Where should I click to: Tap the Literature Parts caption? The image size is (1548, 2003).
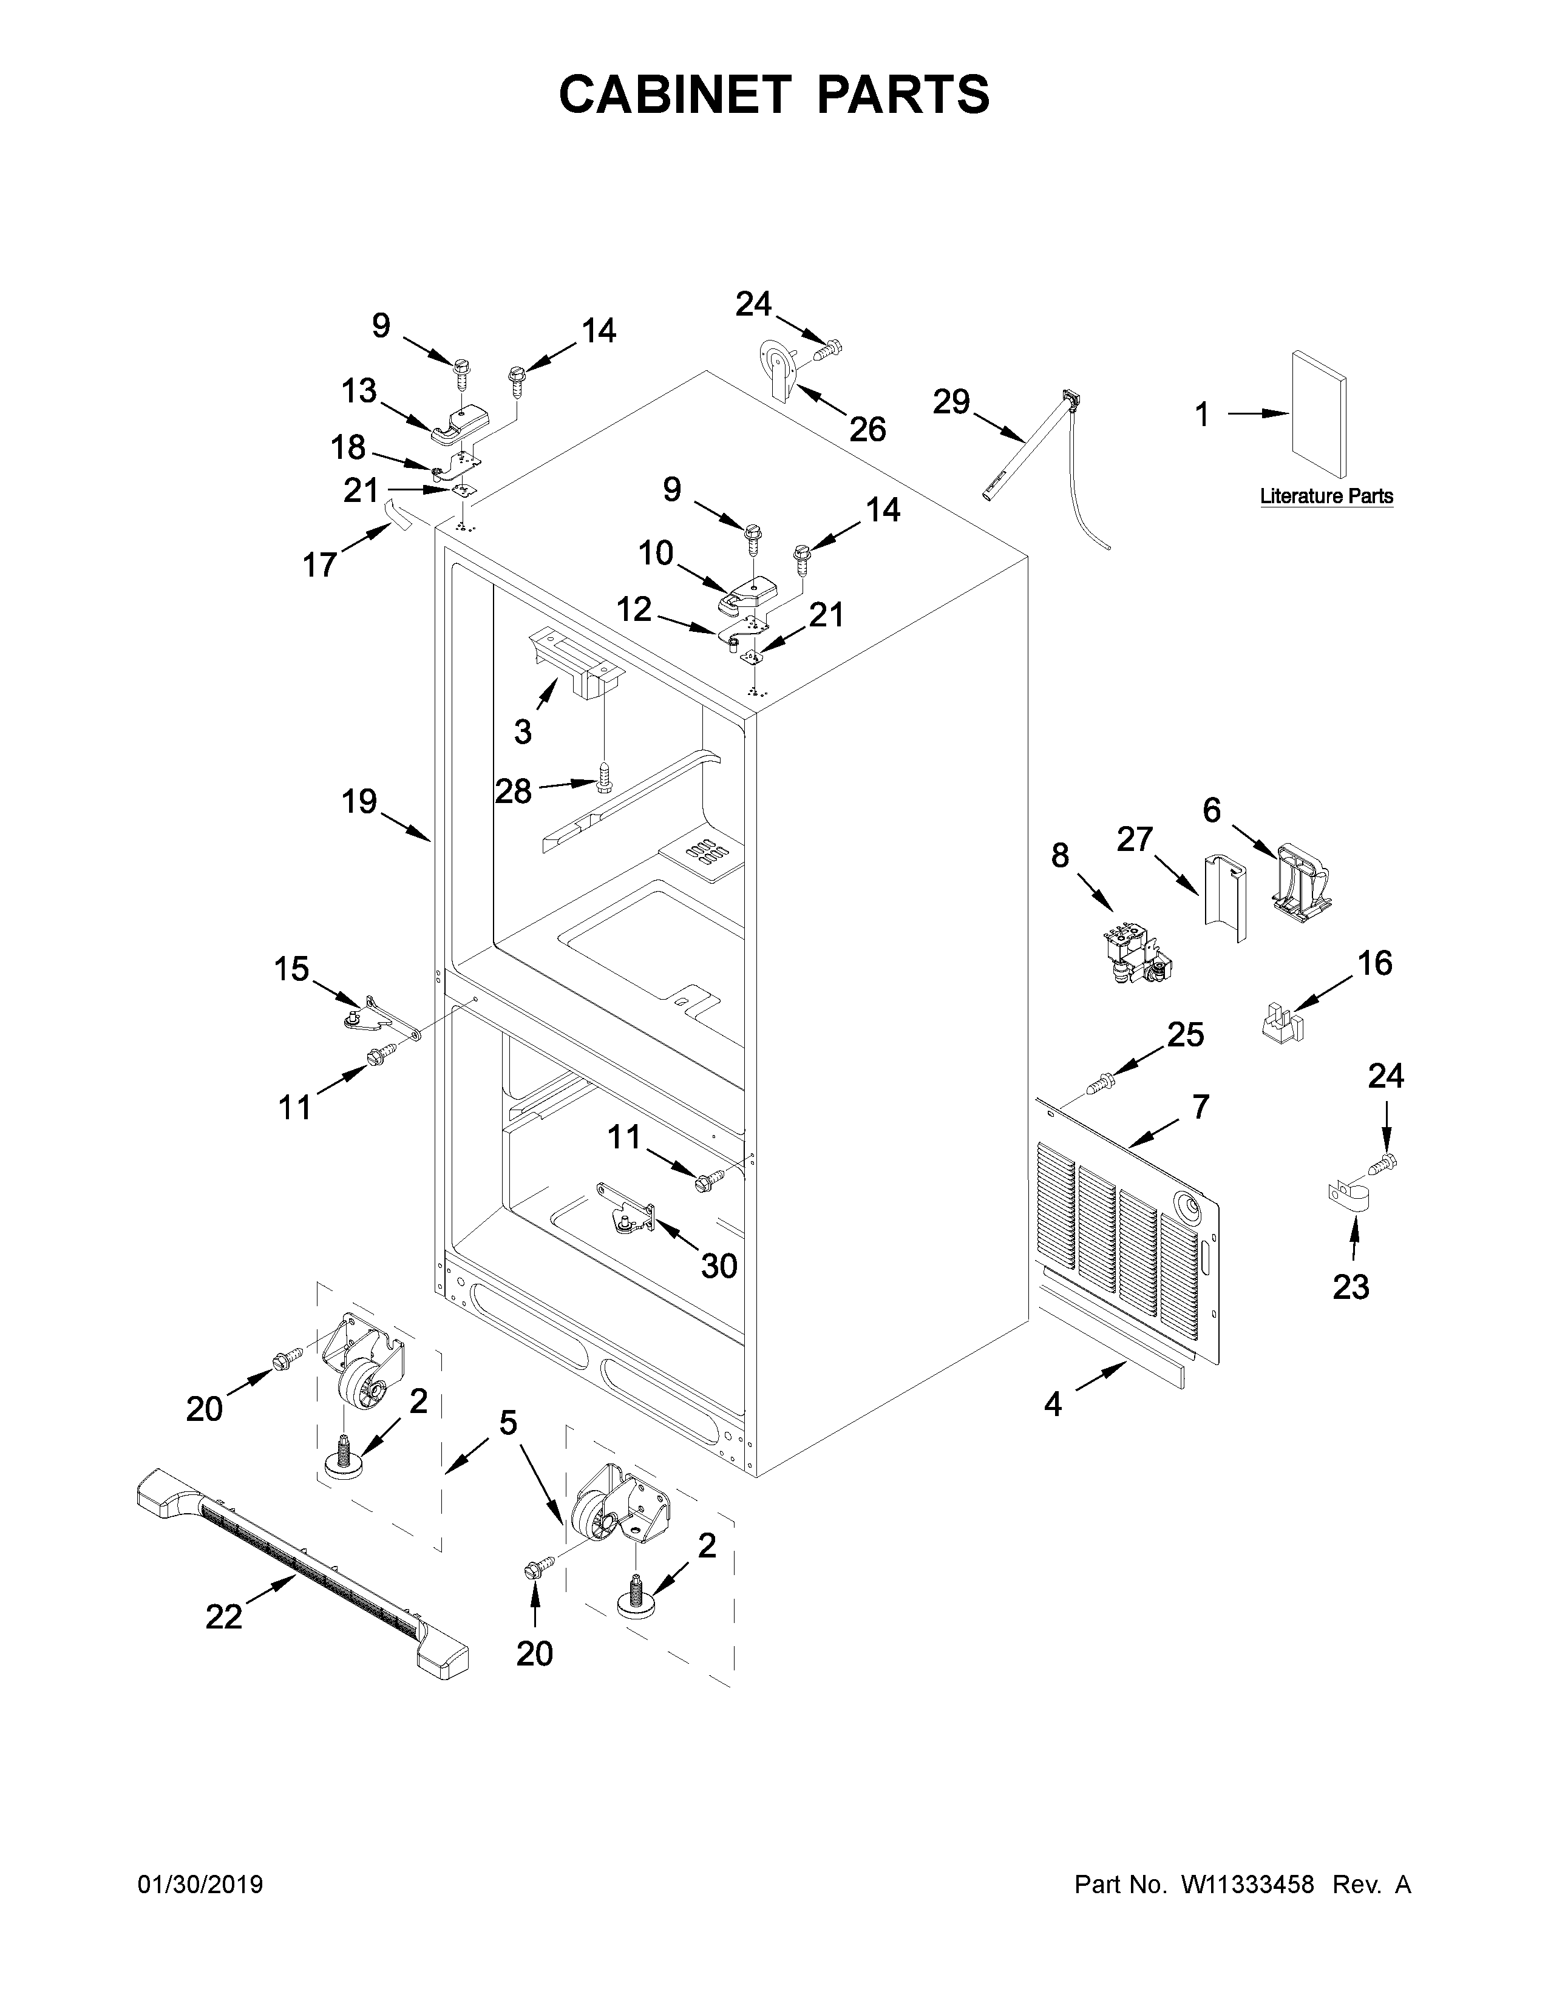[x=1326, y=496]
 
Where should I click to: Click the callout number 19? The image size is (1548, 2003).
[x=359, y=802]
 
